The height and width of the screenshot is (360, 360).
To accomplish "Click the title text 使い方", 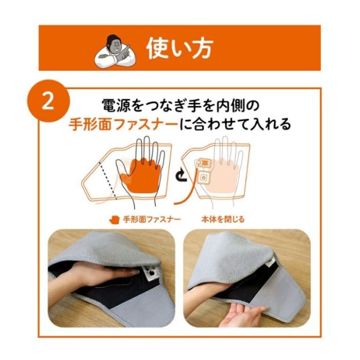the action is pos(178,49).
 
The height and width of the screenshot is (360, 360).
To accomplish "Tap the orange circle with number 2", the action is pos(48,101).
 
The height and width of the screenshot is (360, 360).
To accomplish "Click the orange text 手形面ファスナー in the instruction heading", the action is pos(123,125).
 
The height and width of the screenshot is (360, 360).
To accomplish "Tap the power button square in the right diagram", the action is pos(204,177).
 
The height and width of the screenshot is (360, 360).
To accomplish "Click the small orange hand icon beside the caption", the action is pos(114,220).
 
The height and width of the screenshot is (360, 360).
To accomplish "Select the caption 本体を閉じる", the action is pos(223,220).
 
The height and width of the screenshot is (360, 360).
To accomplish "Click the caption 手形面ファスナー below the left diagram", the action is pos(152,220).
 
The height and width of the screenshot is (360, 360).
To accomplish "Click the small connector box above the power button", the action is pos(204,164).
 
